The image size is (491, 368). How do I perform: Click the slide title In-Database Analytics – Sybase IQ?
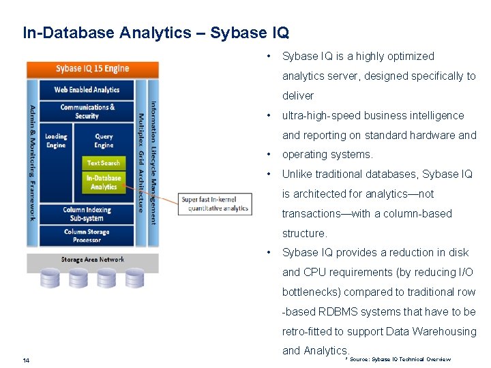click(x=155, y=32)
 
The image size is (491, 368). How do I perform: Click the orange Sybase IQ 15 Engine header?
click(x=92, y=69)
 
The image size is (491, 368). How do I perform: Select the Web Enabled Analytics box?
click(x=87, y=89)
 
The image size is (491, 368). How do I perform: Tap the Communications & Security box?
click(x=87, y=111)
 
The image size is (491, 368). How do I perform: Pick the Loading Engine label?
click(x=56, y=140)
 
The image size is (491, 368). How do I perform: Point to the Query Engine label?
click(x=104, y=140)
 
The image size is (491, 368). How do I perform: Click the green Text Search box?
click(x=104, y=163)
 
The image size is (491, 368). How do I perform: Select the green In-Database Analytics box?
click(x=104, y=182)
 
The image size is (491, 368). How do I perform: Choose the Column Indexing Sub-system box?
click(x=87, y=213)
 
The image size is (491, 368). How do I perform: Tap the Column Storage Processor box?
click(x=87, y=236)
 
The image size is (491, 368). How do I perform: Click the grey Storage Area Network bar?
click(x=92, y=260)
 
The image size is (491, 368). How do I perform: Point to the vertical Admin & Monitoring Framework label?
click(x=32, y=162)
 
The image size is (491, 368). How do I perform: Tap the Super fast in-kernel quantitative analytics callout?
click(x=215, y=204)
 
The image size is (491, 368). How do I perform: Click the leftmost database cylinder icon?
click(x=50, y=277)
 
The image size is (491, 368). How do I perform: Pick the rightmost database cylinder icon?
click(x=134, y=277)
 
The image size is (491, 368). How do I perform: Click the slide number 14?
click(x=26, y=360)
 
